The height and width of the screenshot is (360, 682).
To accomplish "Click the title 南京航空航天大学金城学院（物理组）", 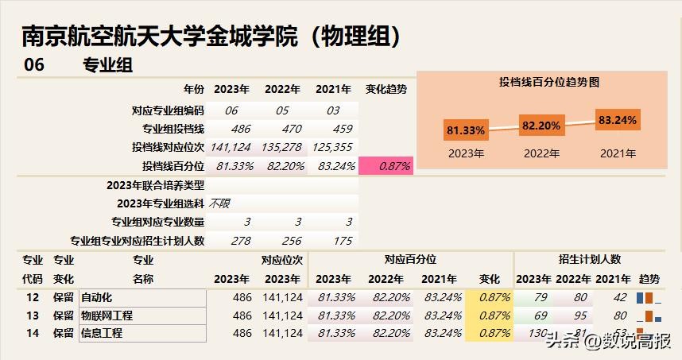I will (x=211, y=36).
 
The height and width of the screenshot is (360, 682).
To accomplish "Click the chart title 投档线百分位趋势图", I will (x=548, y=82).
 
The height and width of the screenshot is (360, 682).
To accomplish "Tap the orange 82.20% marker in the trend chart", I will (x=541, y=125).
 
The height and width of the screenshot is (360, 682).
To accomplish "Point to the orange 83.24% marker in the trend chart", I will (x=618, y=120).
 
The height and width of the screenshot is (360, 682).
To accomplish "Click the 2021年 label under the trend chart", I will (x=618, y=153).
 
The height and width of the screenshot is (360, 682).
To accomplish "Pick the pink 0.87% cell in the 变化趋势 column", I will (x=386, y=166).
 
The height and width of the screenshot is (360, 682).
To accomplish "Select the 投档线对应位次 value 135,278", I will (x=282, y=147).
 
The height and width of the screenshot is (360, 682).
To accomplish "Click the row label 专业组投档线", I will (x=173, y=129).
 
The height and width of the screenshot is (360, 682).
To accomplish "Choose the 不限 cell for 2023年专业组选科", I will (x=219, y=203).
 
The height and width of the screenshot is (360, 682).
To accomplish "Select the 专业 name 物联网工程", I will (x=107, y=315).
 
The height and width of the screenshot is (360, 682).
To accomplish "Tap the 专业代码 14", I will (x=33, y=334).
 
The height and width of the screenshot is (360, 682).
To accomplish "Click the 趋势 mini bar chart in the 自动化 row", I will (x=649, y=297).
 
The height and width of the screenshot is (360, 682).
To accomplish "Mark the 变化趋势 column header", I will (x=386, y=89).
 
